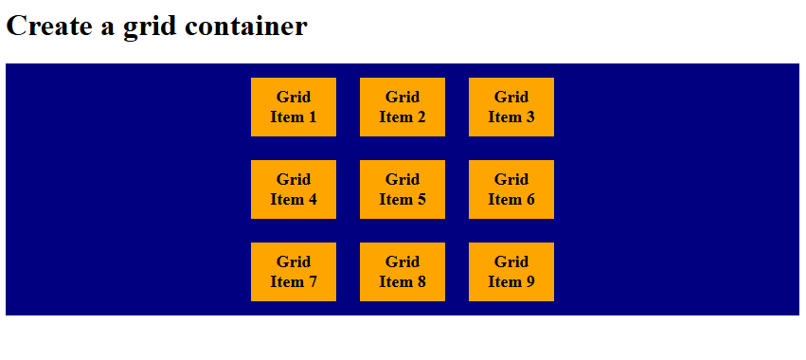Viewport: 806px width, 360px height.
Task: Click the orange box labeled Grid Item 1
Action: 294,107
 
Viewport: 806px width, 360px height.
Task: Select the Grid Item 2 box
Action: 403,107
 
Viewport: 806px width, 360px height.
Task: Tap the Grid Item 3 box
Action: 511,107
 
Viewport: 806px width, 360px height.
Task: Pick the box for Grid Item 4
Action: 294,189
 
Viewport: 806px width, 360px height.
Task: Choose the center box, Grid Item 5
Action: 403,189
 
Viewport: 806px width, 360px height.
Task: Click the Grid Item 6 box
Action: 511,189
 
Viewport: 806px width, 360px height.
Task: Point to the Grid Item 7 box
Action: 294,272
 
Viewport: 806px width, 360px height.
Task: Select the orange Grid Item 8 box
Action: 403,272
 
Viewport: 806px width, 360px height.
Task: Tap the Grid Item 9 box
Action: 511,272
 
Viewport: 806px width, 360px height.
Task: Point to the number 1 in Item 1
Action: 313,117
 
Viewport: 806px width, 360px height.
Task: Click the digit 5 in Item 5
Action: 421,200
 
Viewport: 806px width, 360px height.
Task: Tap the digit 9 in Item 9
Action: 530,282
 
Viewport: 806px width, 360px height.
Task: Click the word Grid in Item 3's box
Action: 511,97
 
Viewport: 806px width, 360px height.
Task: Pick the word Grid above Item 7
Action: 294,261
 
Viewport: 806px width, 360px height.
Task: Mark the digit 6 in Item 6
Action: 530,200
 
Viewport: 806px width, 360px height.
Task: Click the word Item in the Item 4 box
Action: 286,200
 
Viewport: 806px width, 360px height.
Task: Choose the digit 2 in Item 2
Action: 421,117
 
